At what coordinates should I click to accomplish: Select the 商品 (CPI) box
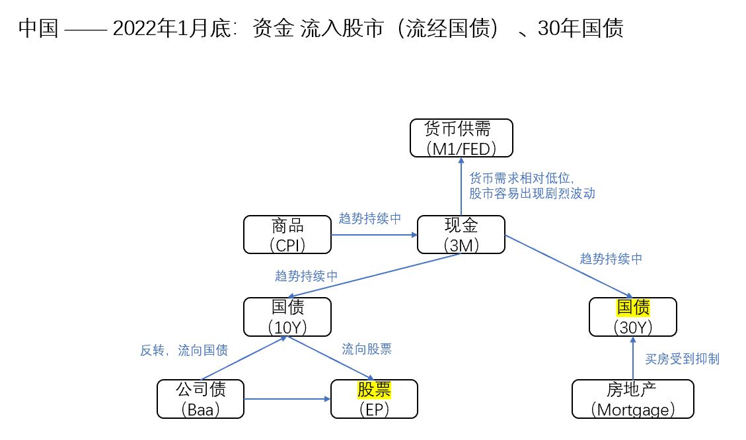[287, 234]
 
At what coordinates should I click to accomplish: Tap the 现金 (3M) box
[461, 234]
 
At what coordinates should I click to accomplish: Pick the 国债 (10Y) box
[287, 316]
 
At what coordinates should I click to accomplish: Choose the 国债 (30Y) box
[633, 316]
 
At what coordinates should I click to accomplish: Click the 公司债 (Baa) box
[200, 398]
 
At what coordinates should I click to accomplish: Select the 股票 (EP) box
[374, 398]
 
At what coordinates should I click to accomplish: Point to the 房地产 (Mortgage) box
[632, 398]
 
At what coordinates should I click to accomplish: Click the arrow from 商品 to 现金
[374, 234]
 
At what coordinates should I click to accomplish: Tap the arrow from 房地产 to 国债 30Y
[633, 357]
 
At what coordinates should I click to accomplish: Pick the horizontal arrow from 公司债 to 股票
[287, 399]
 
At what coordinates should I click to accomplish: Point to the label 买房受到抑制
[682, 359]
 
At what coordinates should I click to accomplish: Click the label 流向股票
[371, 349]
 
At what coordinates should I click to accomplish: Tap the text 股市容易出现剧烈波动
[532, 193]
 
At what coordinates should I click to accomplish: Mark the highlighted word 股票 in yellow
[374, 390]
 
